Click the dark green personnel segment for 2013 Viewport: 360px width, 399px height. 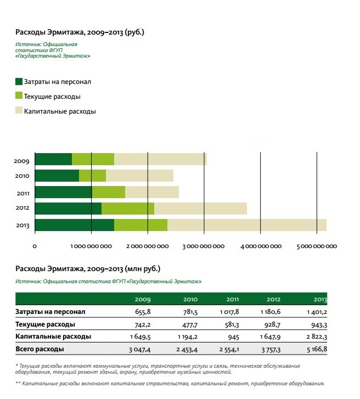[75, 225]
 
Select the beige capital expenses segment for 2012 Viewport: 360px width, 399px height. [200, 209]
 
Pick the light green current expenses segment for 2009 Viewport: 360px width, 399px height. [93, 159]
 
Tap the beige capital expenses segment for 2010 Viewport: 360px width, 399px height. [140, 176]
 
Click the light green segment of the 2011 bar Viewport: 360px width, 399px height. [109, 192]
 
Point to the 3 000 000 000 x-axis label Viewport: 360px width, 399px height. [204, 246]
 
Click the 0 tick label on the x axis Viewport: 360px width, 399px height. [35, 246]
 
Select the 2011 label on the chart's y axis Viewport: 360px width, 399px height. [23, 193]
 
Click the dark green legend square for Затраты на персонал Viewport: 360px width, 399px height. [19, 81]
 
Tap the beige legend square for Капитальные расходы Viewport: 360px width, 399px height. [19, 110]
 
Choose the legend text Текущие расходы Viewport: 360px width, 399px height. [52, 97]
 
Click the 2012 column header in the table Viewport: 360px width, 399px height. [273, 299]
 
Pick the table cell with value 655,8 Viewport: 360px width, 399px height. [143, 312]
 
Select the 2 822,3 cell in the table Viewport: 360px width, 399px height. [317, 337]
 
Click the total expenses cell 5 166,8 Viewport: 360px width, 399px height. [317, 349]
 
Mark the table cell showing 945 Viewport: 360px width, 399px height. [233, 337]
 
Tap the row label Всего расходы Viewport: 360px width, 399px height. [40, 349]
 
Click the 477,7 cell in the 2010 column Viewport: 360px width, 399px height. [190, 325]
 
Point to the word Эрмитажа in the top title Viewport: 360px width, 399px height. [66, 32]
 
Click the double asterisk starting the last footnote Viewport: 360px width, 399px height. [18, 383]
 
